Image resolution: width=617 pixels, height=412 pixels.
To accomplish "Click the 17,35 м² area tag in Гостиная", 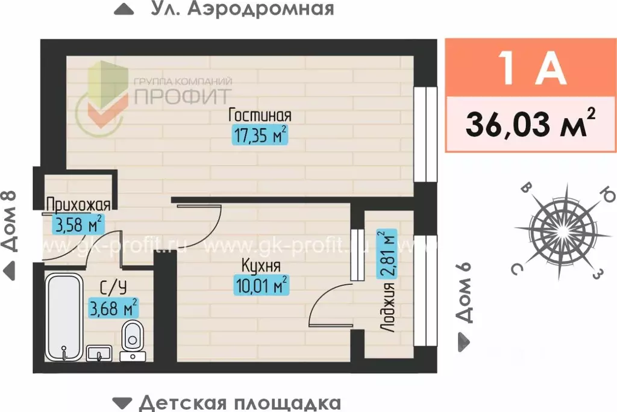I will [x=259, y=136].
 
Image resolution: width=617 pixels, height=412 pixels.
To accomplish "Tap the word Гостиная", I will [x=260, y=115].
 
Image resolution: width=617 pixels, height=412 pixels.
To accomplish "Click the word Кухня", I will [x=261, y=265].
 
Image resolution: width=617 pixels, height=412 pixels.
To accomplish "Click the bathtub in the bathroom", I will [x=65, y=316].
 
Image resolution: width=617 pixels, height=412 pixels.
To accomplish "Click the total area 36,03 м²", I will [x=530, y=124].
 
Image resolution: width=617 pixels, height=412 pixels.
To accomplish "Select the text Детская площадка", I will [x=239, y=402].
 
